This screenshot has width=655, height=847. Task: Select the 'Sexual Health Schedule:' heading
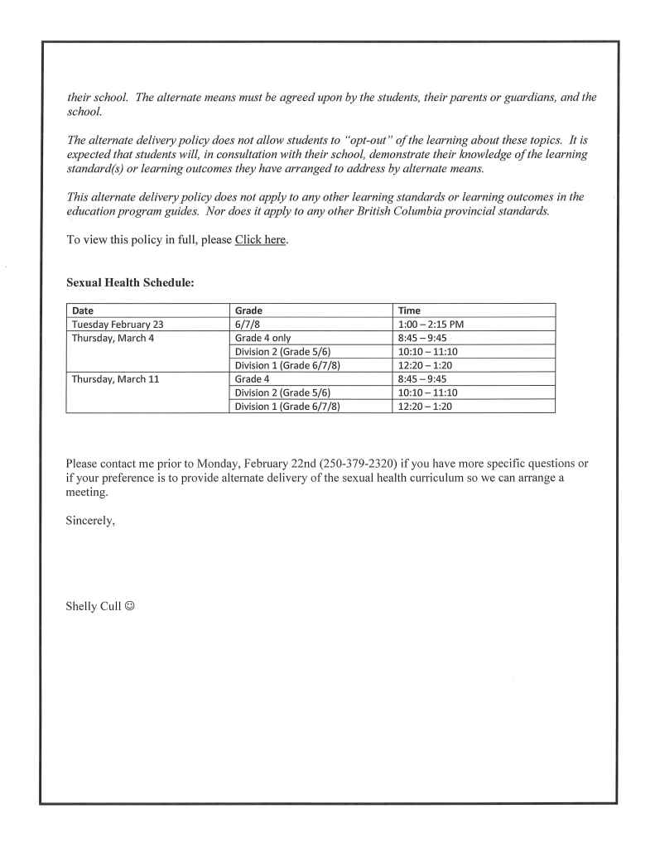130,283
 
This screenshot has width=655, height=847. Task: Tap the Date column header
84,310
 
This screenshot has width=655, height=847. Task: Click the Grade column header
249,310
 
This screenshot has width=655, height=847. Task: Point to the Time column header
410,310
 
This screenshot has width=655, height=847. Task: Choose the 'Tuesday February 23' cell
118,324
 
